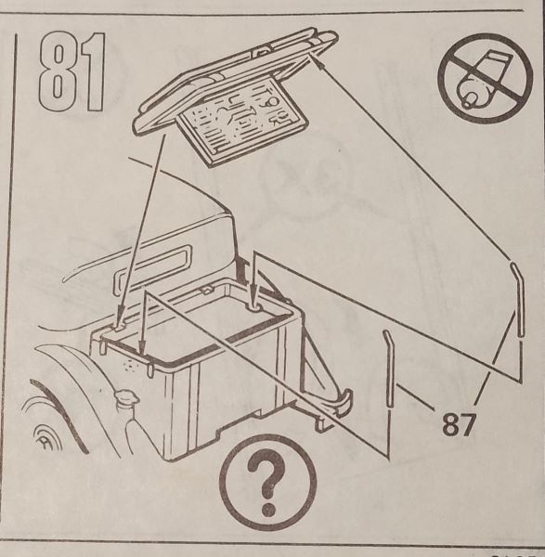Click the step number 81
[72, 71]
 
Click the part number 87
[459, 424]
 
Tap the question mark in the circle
[268, 484]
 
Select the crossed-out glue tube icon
[485, 78]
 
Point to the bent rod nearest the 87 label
[389, 368]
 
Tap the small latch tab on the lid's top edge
[262, 52]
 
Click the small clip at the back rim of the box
[206, 291]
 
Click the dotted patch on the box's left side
[131, 366]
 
